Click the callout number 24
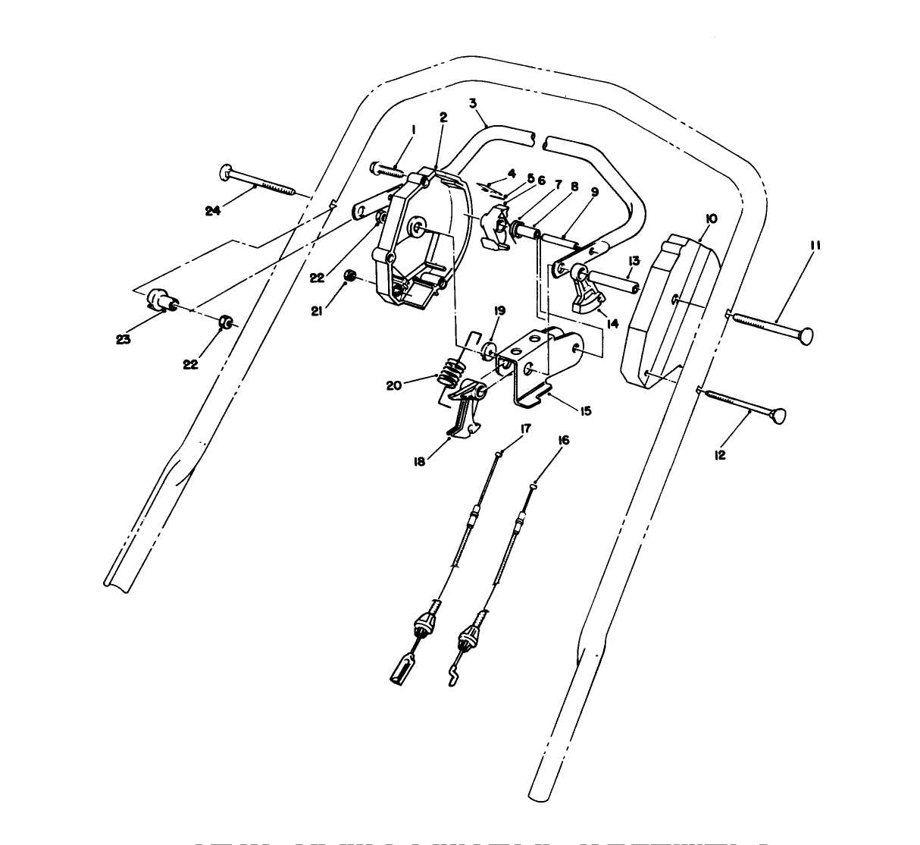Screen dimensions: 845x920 [214, 211]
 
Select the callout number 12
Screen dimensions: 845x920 [720, 455]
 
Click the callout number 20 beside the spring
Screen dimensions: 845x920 [393, 385]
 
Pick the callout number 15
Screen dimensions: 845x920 [585, 411]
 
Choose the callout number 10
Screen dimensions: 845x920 [710, 218]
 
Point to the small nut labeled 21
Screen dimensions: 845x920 [351, 275]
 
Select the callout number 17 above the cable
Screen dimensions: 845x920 [525, 429]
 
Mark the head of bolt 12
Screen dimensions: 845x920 [778, 416]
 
